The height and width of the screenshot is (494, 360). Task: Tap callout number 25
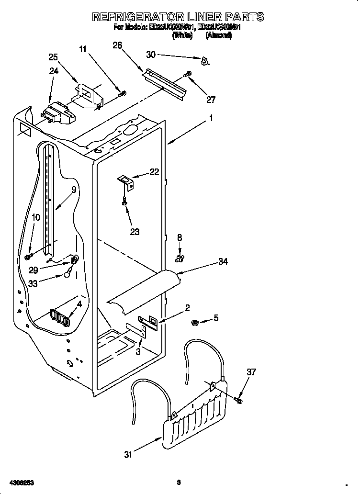pos(54,57)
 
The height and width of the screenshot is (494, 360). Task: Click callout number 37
pos(251,371)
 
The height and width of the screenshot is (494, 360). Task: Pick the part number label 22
pos(154,172)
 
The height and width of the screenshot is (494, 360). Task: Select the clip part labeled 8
pos(180,259)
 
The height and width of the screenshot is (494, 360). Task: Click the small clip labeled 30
pos(205,60)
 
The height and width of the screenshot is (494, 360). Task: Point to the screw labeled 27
pos(188,74)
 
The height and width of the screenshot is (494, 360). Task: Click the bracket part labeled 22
pos(127,180)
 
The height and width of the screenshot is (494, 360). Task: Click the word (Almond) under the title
pos(218,36)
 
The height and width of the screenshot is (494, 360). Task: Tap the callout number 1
pos(210,118)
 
